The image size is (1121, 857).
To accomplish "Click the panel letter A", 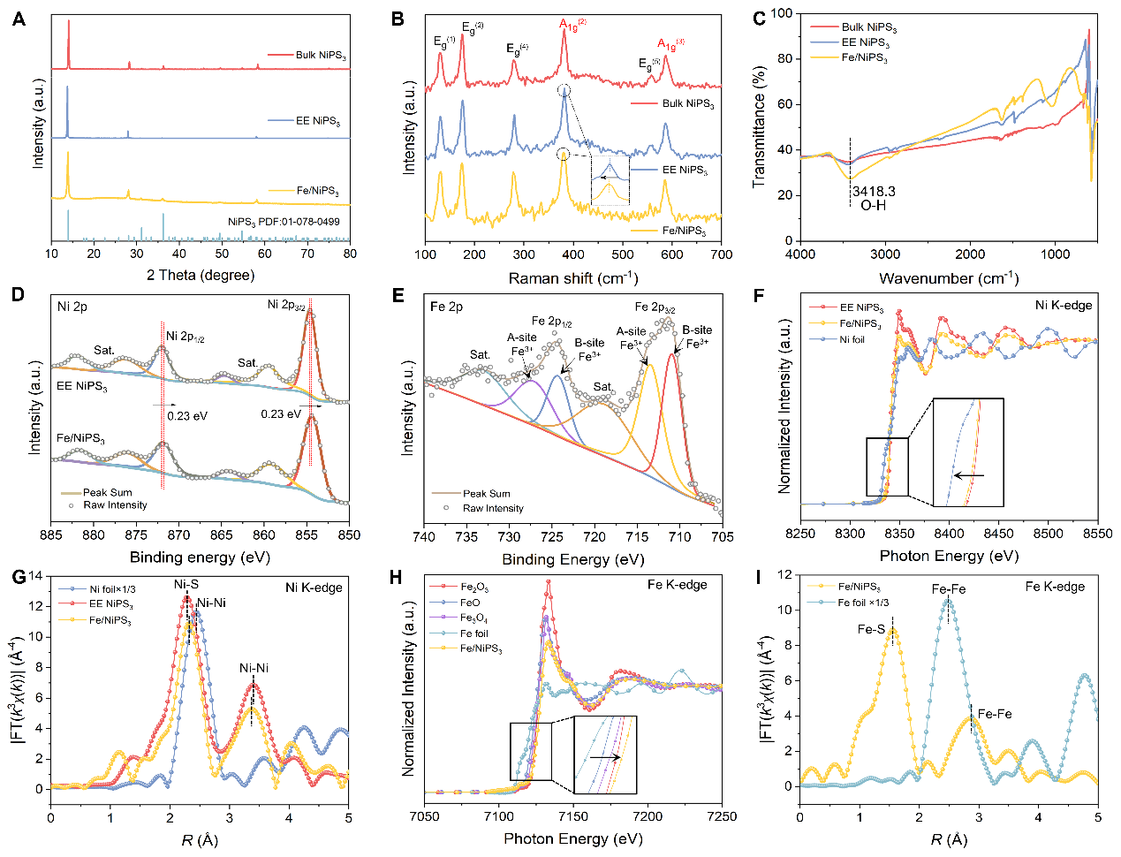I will (x=19, y=19).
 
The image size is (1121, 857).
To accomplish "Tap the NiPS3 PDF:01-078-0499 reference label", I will (x=283, y=222).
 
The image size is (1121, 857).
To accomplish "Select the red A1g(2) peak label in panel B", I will (x=572, y=24).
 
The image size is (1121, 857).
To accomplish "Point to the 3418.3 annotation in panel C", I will (x=874, y=191).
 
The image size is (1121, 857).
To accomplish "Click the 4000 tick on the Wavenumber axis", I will (x=800, y=254).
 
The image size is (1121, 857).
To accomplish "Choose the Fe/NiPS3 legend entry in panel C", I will (x=864, y=57).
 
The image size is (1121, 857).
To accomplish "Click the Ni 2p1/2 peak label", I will (x=186, y=337).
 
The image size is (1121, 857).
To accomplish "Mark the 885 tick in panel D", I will (x=51, y=535).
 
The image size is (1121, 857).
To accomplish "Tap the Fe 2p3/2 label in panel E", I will (x=655, y=308).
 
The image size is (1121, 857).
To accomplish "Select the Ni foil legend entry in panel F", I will (x=852, y=339).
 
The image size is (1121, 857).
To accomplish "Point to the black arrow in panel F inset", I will (x=969, y=475).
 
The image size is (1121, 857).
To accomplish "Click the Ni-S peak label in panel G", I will (x=186, y=585).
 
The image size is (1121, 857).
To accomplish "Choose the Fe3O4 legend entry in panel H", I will (x=473, y=618).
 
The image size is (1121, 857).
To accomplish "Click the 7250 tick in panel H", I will (x=722, y=815).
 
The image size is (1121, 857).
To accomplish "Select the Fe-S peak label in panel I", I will (x=871, y=630).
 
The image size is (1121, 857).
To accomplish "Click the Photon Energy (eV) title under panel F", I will (x=949, y=556).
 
